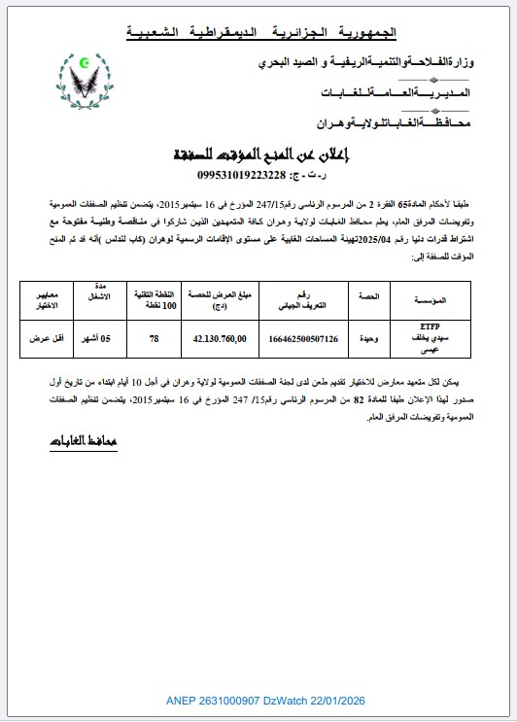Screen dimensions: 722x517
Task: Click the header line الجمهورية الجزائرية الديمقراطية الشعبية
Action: point(261,33)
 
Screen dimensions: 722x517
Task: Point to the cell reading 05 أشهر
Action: point(102,340)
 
